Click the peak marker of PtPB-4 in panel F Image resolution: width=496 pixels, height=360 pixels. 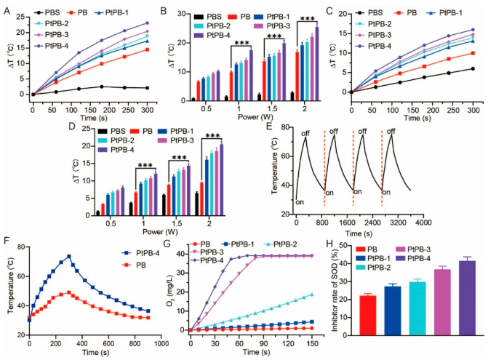tap(68, 256)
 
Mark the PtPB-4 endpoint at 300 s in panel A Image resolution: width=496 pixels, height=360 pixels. tap(147, 23)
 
